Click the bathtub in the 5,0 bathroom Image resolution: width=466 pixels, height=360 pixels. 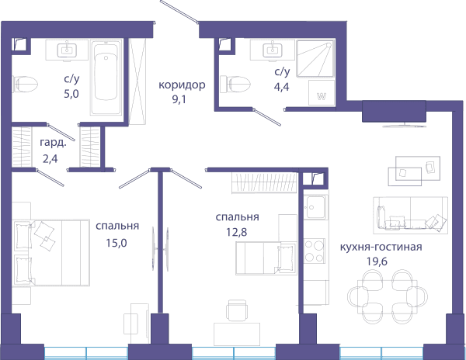(x=106, y=78)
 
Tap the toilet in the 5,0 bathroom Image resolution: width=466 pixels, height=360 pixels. (x=25, y=84)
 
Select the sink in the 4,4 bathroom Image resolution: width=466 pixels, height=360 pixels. (x=273, y=50)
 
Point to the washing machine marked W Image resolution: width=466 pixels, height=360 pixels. (x=322, y=92)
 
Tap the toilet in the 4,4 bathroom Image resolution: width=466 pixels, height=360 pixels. (x=234, y=84)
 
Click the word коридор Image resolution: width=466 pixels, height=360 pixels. (x=182, y=85)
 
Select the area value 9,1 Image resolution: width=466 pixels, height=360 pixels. (x=179, y=99)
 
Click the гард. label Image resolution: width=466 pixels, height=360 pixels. (x=53, y=144)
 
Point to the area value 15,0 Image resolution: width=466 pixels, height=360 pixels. (x=116, y=243)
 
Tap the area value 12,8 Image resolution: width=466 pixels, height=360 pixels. (x=236, y=232)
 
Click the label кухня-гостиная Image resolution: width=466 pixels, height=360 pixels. (x=381, y=247)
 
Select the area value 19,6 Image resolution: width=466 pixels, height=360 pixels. (x=377, y=261)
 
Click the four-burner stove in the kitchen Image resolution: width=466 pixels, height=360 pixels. (x=315, y=251)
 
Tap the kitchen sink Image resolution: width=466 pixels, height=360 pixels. (x=316, y=207)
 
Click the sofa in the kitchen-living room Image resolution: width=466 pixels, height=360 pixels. (x=410, y=213)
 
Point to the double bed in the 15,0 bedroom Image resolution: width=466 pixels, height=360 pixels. (x=51, y=253)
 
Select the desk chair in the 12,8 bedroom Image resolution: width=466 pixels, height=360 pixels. (x=237, y=310)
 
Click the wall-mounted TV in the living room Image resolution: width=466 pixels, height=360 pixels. (x=404, y=126)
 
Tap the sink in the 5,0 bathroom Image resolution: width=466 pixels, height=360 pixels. (x=67, y=50)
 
